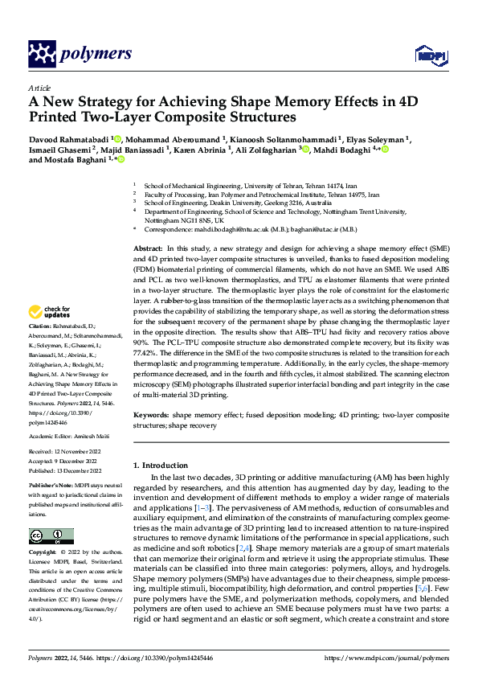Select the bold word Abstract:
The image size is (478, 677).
(148, 251)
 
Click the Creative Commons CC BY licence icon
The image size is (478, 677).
(51, 535)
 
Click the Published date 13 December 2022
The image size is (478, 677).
(80, 470)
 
